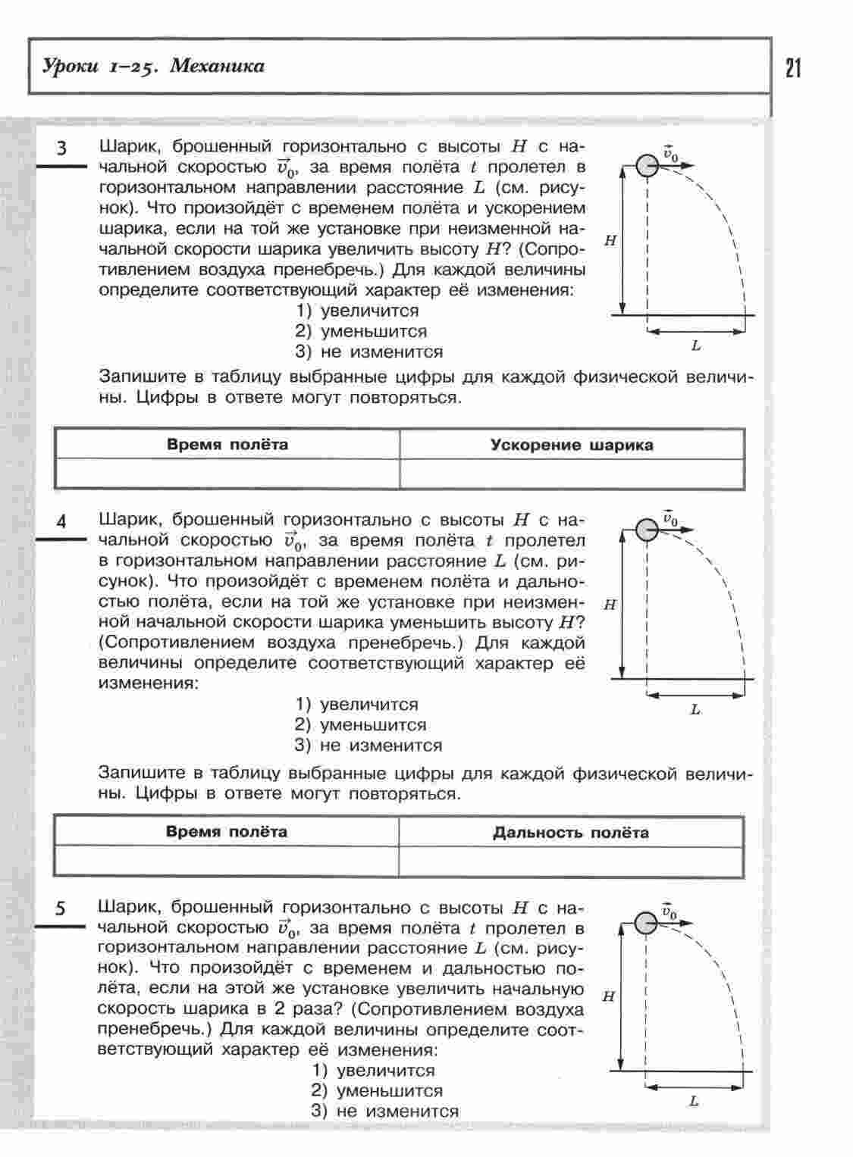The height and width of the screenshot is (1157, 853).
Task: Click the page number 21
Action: click(793, 68)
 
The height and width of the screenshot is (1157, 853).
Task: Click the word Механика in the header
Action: click(218, 67)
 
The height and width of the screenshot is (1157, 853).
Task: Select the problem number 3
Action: click(62, 149)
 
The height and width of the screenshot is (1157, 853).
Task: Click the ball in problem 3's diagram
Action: click(647, 165)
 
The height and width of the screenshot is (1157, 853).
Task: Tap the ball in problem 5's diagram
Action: click(646, 923)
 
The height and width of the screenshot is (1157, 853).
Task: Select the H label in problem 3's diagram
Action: click(610, 241)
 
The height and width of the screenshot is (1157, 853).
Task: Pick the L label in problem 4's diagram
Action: click(695, 710)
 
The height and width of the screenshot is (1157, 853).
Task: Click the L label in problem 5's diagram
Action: click(694, 1102)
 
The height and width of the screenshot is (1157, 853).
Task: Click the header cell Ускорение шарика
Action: click(572, 446)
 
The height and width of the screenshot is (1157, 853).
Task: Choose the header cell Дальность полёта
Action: click(571, 833)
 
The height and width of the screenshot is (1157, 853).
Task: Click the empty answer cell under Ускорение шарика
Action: click(572, 474)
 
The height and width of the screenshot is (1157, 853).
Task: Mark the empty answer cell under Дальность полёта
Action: click(571, 861)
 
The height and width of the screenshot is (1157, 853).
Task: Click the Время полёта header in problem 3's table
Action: click(227, 445)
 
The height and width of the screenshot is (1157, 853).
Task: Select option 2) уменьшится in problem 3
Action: click(362, 332)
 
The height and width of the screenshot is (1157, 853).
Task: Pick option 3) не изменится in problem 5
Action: click(385, 1112)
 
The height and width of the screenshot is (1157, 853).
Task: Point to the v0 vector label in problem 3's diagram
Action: click(670, 154)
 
